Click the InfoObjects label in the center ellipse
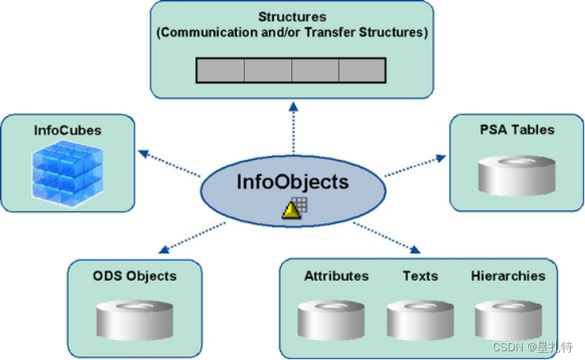tap(292, 182)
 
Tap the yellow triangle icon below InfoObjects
tap(290, 210)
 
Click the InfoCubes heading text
tap(68, 129)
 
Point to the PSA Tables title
tap(516, 129)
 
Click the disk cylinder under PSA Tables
tap(516, 174)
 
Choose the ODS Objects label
tap(134, 276)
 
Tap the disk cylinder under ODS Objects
tap(134, 320)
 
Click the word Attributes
tap(336, 276)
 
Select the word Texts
tap(420, 276)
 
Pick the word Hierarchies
tap(508, 276)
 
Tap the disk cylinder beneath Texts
tap(420, 320)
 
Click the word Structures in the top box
tap(291, 16)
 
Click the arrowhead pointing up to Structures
tap(293, 106)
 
